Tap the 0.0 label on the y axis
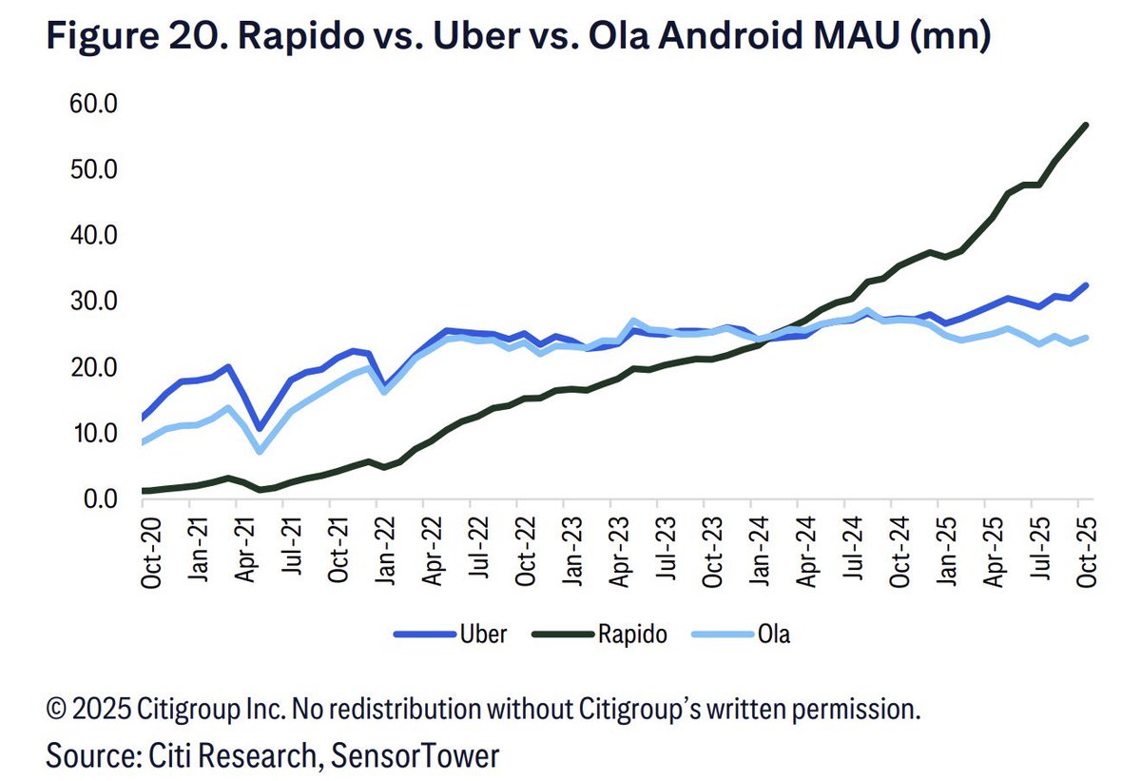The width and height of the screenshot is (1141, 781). coord(100,498)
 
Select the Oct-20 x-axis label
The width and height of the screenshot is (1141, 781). coord(151,550)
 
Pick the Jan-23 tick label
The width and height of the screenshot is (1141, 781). coord(571,550)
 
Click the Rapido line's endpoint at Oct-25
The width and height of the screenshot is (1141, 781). coord(1086,125)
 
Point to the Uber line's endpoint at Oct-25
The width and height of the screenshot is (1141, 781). coord(1086,285)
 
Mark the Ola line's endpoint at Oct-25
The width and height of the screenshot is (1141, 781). coord(1086,338)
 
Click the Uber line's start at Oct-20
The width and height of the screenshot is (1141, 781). coord(144,418)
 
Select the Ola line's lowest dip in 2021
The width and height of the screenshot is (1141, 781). coord(260,451)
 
